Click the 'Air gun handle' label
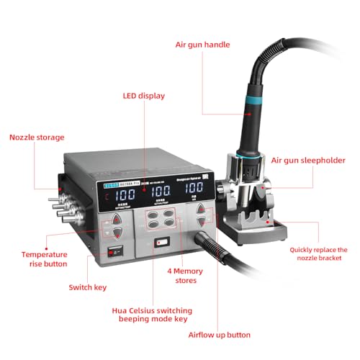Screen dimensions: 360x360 pyautogui.click(x=203, y=45)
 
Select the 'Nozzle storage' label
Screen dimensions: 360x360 pyautogui.click(x=36, y=138)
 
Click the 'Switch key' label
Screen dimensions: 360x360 pyautogui.click(x=88, y=287)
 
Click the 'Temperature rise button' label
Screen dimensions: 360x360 pyautogui.click(x=44, y=259)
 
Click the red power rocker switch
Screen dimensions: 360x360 pyautogui.click(x=112, y=253)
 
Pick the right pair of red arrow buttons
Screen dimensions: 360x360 pyautogui.click(x=204, y=216)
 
